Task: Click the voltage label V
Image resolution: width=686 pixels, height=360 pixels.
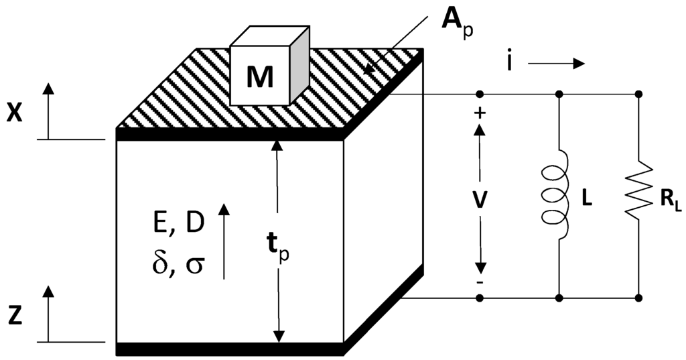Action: (480, 198)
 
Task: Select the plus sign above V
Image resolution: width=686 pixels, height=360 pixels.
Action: (480, 113)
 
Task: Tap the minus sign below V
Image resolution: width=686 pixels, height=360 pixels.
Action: (480, 282)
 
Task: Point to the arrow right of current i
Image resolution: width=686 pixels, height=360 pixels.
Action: (556, 64)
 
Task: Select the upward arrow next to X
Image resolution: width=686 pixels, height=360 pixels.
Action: (48, 110)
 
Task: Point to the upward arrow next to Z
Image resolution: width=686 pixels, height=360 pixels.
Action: (48, 312)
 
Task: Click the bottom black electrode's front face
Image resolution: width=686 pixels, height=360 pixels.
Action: (230, 349)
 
